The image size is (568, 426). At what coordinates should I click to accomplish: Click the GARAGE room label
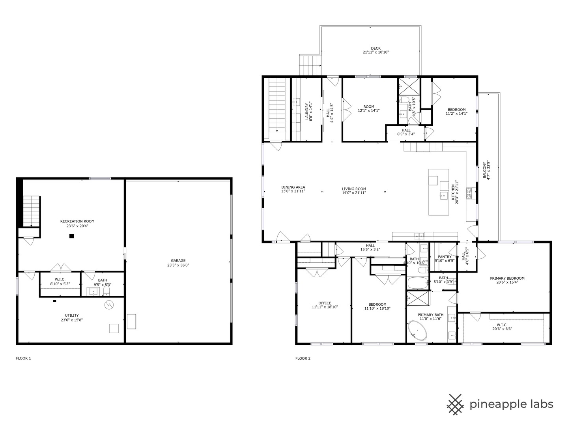[x=178, y=260]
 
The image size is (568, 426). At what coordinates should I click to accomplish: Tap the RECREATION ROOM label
[x=77, y=221]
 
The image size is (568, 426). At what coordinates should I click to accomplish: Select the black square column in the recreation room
[x=72, y=236]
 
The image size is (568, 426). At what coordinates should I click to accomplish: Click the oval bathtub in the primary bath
[x=417, y=331]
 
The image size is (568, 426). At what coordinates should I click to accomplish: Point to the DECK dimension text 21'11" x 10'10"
[x=376, y=52]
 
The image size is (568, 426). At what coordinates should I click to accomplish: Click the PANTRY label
[x=445, y=257]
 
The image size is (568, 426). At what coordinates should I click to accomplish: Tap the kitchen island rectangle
[x=439, y=192]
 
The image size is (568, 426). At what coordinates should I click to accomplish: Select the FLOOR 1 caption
[x=23, y=359]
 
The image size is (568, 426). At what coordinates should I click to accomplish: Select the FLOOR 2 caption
[x=303, y=359]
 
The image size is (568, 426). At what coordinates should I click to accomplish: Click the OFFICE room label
[x=325, y=303]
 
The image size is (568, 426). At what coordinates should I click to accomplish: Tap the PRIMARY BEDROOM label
[x=507, y=278]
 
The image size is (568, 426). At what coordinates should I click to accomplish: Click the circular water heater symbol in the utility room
[x=109, y=305]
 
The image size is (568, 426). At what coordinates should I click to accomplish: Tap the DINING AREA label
[x=293, y=187]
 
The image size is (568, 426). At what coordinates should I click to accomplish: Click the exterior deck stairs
[x=310, y=65]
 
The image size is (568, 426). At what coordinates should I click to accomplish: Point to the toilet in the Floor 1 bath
[x=106, y=291]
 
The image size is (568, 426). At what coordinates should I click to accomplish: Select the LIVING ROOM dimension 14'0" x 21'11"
[x=354, y=193]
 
